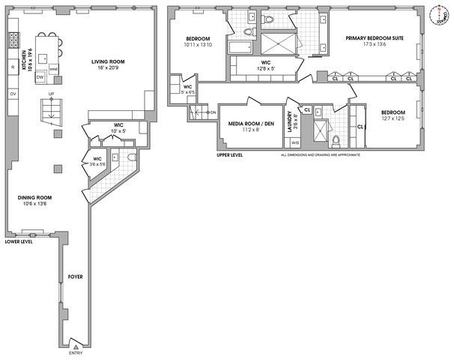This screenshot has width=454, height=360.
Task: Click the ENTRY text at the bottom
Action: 76,352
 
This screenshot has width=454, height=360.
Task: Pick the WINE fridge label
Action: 53,68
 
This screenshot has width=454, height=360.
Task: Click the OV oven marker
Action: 12,93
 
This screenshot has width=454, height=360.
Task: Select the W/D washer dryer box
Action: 294,142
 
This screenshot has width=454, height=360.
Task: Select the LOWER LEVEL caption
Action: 20,242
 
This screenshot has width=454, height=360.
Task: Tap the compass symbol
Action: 439,14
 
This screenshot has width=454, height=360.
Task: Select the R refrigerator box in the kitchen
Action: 13,68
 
